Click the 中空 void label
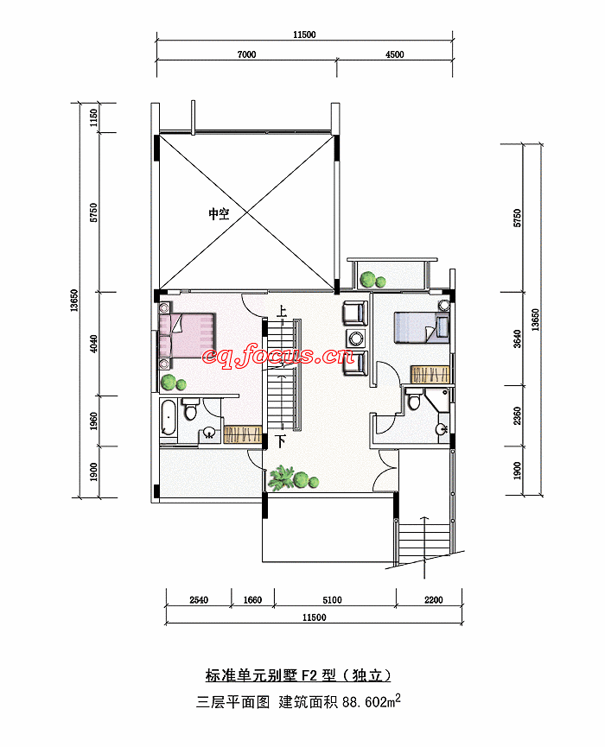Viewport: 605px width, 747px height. click(x=219, y=213)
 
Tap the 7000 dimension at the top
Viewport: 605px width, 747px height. click(x=246, y=54)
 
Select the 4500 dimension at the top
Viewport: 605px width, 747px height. click(x=394, y=54)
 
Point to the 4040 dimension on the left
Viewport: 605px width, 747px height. click(x=93, y=344)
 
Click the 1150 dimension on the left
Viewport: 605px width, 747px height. click(x=93, y=118)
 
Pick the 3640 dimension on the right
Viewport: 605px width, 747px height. click(x=518, y=339)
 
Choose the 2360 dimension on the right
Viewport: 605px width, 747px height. click(x=518, y=415)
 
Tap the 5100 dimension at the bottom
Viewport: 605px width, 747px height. click(x=332, y=600)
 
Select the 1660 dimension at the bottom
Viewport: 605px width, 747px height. click(x=252, y=600)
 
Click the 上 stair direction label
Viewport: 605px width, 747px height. click(x=281, y=311)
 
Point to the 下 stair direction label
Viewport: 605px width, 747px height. click(x=281, y=441)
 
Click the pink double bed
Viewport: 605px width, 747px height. click(x=188, y=334)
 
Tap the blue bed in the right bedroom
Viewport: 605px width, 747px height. click(x=422, y=326)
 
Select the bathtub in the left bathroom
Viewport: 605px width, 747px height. click(x=169, y=418)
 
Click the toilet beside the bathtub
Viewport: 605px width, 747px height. click(x=191, y=409)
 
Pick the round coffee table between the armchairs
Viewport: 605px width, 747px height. click(x=356, y=339)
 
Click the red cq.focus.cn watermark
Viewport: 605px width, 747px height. click(x=278, y=356)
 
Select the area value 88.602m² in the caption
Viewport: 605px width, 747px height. click(x=371, y=701)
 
